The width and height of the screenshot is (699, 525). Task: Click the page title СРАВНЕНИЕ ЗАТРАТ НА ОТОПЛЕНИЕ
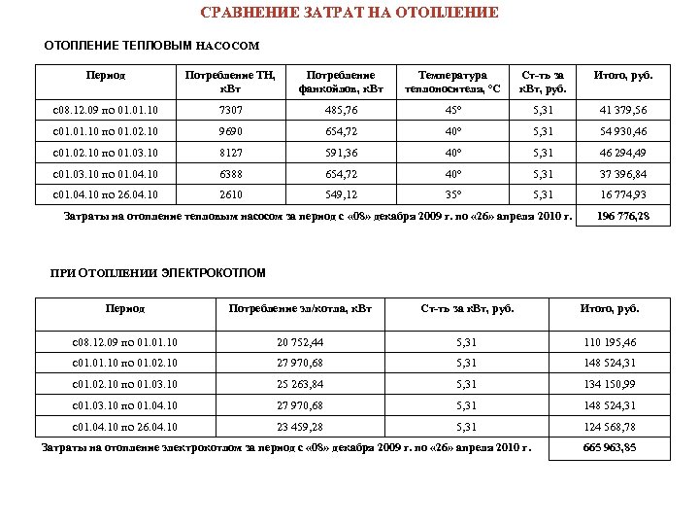[349, 13]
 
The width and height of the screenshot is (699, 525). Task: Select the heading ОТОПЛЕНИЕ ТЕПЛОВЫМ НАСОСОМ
[152, 46]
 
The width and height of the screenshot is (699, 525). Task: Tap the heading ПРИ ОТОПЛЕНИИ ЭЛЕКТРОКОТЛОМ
[157, 273]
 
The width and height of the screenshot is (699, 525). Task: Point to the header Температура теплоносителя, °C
[460, 82]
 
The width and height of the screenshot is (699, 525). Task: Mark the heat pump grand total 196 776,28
[622, 216]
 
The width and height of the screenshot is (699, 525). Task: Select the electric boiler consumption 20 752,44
[299, 343]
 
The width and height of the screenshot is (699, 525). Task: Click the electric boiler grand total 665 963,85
[610, 447]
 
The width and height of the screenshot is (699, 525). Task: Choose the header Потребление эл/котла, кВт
[299, 309]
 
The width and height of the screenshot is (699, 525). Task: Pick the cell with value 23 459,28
[299, 427]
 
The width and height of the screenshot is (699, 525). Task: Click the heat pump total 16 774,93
[622, 193]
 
